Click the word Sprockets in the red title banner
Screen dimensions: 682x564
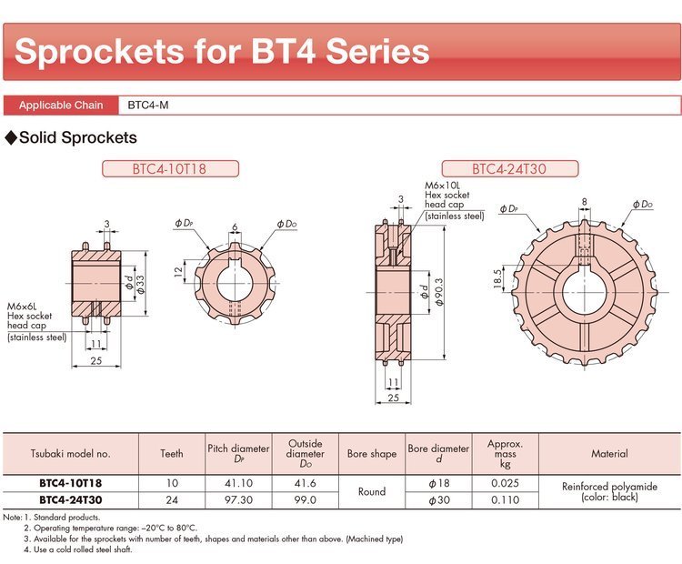click(99, 51)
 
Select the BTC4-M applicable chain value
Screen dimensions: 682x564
click(148, 106)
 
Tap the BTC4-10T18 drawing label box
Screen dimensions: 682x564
click(170, 168)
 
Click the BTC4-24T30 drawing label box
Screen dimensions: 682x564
click(510, 168)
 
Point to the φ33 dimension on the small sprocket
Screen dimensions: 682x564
click(140, 284)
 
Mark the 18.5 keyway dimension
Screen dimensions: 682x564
click(497, 278)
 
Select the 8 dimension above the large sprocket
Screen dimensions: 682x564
click(584, 201)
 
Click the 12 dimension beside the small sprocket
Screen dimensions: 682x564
click(178, 272)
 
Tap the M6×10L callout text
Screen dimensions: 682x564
click(442, 186)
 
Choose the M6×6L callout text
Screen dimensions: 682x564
click(22, 307)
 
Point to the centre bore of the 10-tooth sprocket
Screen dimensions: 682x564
click(235, 283)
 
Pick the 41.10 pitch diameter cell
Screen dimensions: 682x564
click(238, 483)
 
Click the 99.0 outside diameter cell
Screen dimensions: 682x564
click(305, 500)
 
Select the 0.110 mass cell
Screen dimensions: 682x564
click(505, 500)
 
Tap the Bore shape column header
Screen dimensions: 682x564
click(372, 453)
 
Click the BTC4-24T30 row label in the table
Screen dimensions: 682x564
click(70, 500)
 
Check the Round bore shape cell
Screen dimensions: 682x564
click(372, 491)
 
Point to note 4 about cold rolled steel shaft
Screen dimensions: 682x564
click(78, 549)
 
